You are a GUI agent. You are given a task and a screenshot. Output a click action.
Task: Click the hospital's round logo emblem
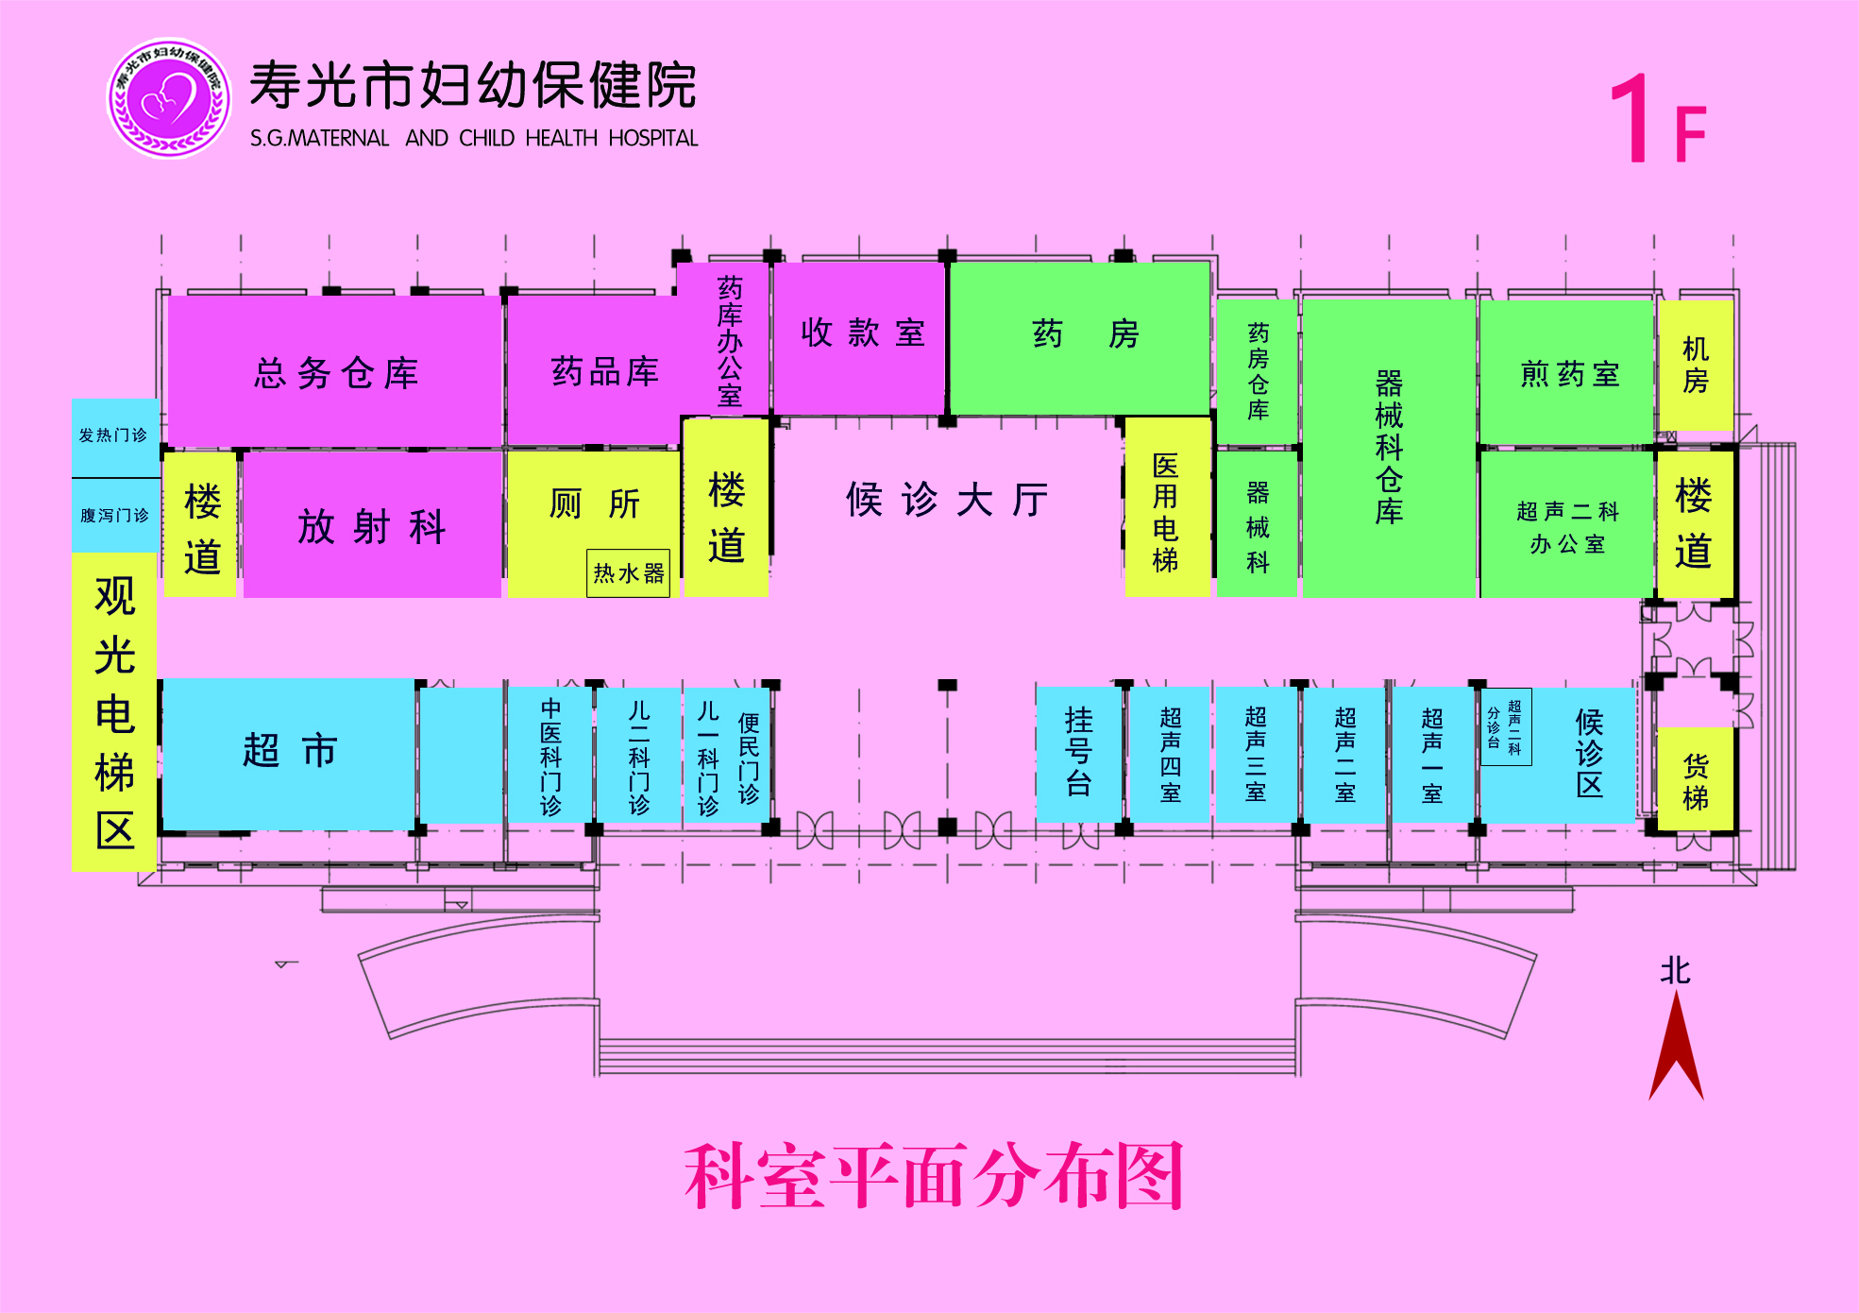[169, 98]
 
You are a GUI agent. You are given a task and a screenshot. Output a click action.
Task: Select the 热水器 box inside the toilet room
[628, 573]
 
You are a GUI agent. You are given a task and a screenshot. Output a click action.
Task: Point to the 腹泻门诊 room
[115, 515]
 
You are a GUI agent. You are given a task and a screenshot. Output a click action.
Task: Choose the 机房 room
[1696, 365]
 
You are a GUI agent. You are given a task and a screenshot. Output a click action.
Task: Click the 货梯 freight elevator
[1696, 780]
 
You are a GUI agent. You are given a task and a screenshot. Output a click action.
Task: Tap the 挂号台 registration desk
[1078, 754]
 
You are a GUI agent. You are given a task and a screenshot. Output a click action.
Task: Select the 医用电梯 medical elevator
[1167, 507]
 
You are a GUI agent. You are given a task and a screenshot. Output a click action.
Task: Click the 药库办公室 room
[727, 339]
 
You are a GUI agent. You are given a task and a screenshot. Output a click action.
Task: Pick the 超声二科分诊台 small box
[1506, 726]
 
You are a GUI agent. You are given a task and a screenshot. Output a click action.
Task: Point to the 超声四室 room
[1170, 754]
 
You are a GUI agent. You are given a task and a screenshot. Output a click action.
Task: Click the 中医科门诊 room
[550, 755]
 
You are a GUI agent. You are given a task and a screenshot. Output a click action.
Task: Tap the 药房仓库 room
[1258, 371]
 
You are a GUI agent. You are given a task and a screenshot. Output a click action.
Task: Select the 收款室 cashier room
[860, 337]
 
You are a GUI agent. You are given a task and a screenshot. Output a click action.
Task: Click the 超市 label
[290, 751]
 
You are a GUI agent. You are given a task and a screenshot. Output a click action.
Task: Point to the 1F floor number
[1659, 120]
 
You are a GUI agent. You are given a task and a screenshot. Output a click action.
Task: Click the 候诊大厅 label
[947, 499]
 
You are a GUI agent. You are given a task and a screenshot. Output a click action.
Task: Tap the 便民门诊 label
[749, 759]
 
